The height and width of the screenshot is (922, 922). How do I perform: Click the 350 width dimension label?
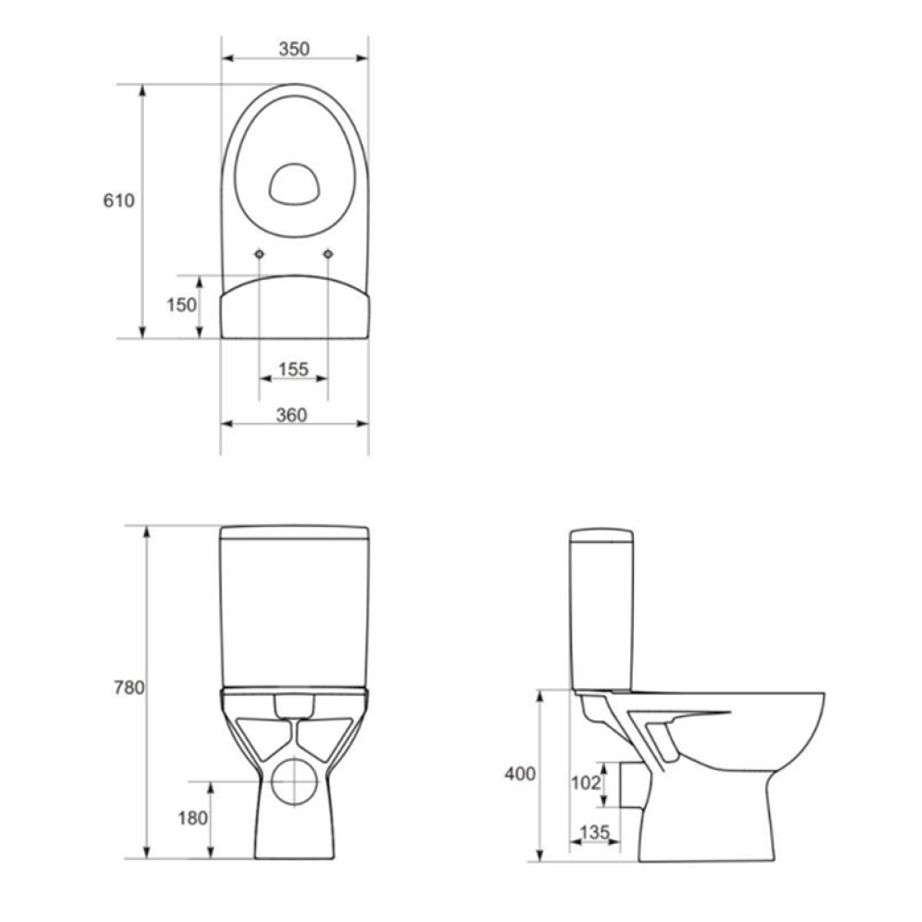(x=294, y=49)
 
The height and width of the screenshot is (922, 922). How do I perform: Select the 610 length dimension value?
(x=119, y=201)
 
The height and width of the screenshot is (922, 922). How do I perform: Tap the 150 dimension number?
(x=182, y=304)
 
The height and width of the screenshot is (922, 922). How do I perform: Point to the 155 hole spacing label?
(x=294, y=369)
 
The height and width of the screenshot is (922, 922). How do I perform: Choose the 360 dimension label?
(x=292, y=415)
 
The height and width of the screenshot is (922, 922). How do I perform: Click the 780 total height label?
(x=130, y=687)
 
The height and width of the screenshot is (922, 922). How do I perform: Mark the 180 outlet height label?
(x=193, y=818)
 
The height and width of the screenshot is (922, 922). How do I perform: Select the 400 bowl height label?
(x=520, y=773)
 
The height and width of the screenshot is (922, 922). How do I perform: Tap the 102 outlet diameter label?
(x=586, y=782)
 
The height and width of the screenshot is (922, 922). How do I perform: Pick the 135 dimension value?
(x=595, y=832)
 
